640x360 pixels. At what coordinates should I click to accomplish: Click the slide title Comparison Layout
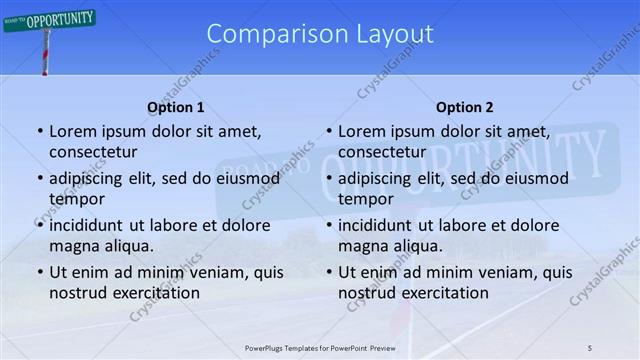[x=320, y=34]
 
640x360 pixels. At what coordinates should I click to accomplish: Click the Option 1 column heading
[x=176, y=107]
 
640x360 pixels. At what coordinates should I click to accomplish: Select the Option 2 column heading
[x=464, y=107]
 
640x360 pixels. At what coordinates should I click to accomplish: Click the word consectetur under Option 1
[x=93, y=152]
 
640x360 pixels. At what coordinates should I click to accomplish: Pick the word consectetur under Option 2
[x=382, y=152]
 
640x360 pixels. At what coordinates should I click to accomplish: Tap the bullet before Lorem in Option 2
[x=329, y=131]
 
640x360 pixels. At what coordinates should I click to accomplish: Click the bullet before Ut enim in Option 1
[x=40, y=272]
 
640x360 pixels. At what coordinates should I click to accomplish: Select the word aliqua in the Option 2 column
[x=420, y=246]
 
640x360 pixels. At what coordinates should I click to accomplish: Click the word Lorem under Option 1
[x=73, y=131]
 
